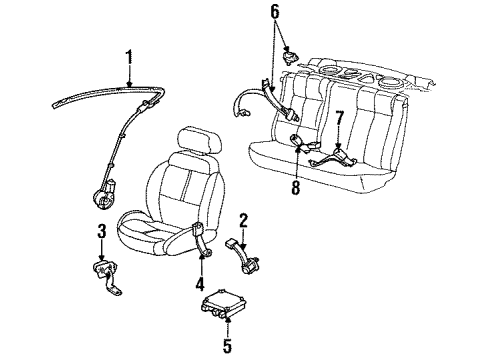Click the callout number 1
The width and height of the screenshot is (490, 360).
[127, 58]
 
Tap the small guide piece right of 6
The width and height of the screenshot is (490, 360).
[290, 53]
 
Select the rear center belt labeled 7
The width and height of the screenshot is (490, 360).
[333, 156]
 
